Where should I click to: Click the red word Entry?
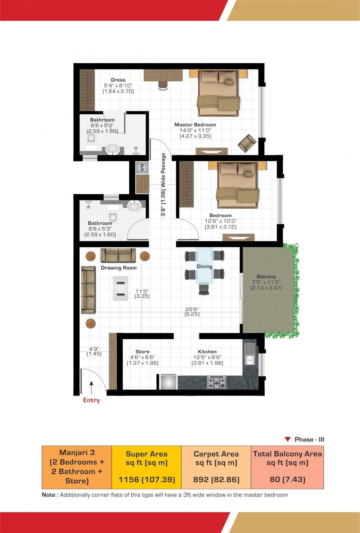[91, 400]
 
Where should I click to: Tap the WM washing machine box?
[142, 167]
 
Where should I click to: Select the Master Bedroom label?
[195, 125]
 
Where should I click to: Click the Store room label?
[142, 351]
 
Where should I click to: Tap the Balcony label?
[266, 276]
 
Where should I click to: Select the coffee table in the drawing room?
[120, 288]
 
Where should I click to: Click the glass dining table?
[204, 266]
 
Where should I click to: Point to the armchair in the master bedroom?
[247, 143]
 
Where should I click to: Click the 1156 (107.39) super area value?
[147, 479]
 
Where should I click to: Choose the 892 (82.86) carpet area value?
[216, 479]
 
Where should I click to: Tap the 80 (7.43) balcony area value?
[287, 479]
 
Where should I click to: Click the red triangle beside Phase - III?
[288, 439]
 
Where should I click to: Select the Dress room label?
[118, 80]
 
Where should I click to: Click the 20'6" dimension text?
[192, 309]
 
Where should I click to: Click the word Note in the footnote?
[48, 495]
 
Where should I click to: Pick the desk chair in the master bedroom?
[163, 86]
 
